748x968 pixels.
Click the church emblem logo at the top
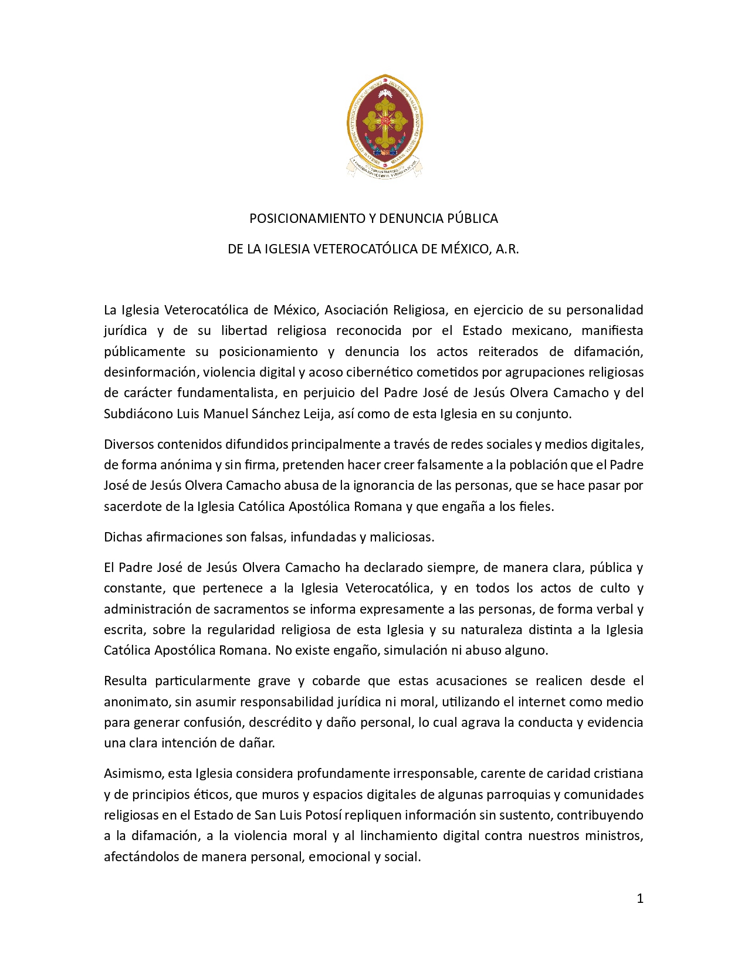pos(385,126)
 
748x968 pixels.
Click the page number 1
pos(640,898)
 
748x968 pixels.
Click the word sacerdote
pos(133,506)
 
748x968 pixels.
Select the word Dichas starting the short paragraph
pos(123,537)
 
